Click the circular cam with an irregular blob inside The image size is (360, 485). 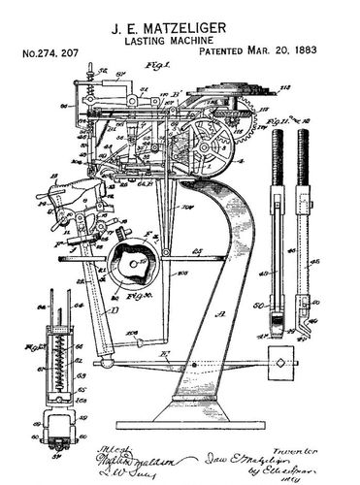(x=131, y=264)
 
